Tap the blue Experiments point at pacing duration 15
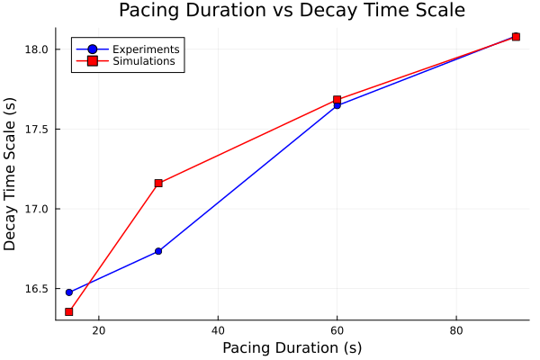pos(69,292)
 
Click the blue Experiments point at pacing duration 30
pos(158,251)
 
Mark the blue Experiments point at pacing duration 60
pos(337,105)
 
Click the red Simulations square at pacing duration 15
pos(69,311)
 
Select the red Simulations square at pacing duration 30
pos(158,183)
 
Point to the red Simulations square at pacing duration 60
pos(337,100)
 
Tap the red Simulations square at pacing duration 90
pos(516,37)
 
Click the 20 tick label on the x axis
pos(99,330)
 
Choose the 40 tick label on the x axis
pos(218,330)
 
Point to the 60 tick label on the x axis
pos(337,330)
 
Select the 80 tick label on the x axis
pos(455,330)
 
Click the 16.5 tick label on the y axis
pos(38,289)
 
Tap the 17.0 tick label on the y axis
pos(38,209)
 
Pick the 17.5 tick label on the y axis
pos(38,130)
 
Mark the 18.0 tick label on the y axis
pos(38,49)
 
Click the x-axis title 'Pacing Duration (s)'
pos(292,347)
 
